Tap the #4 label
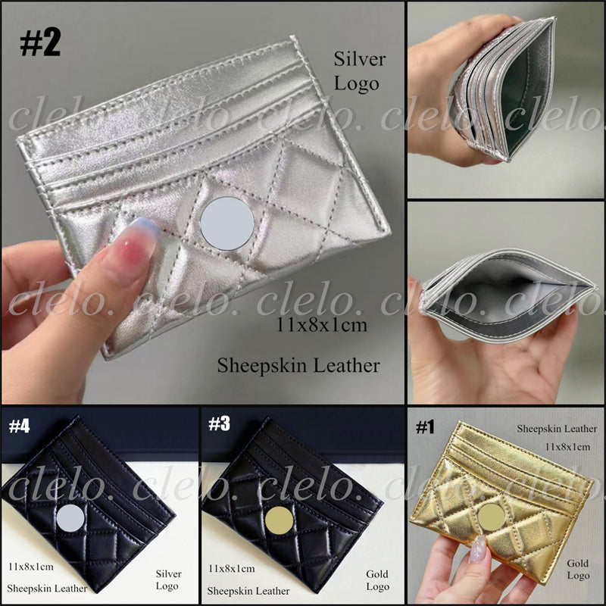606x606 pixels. (x=20, y=426)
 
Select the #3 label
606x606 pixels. (x=220, y=426)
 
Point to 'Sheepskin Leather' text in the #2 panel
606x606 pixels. (x=298, y=365)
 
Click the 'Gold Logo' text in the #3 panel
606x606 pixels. (x=377, y=579)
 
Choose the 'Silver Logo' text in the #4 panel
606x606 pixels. (x=167, y=579)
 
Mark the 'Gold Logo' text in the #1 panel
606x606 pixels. (x=577, y=569)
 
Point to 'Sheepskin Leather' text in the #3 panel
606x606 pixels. (x=249, y=590)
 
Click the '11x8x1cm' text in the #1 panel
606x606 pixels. (x=567, y=448)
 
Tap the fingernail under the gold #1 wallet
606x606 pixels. (x=478, y=551)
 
